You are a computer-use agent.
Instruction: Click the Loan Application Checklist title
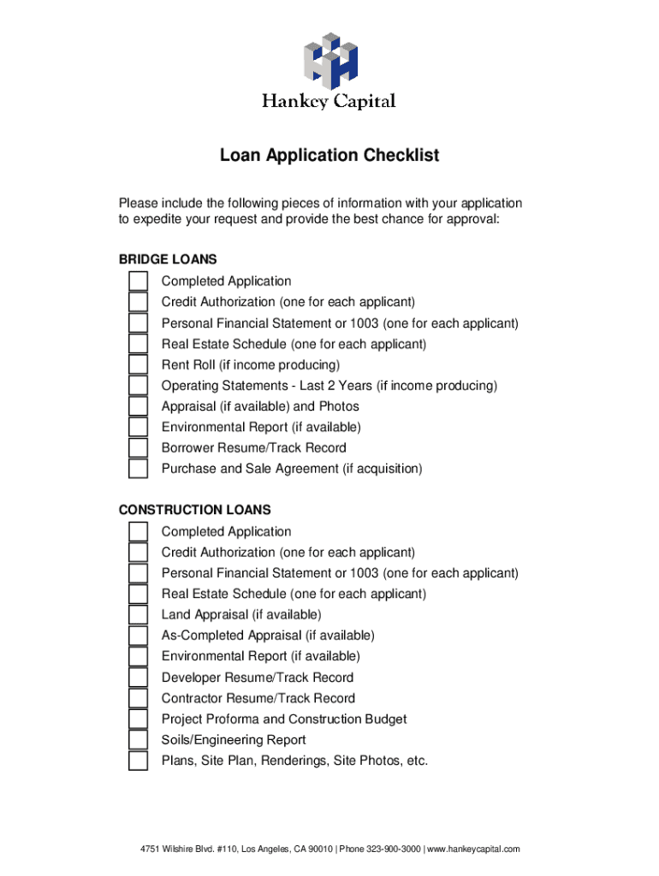click(329, 156)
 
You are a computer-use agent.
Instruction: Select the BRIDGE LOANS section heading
click(168, 259)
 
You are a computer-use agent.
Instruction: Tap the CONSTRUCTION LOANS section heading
click(194, 510)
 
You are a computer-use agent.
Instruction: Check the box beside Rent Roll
click(138, 365)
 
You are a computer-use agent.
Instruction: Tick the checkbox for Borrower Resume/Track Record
click(138, 448)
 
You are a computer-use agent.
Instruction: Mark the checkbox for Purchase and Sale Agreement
click(138, 470)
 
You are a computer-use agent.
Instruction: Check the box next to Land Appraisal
click(138, 615)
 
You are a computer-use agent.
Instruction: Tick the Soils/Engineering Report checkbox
click(138, 740)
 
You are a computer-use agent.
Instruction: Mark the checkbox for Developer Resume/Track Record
click(138, 678)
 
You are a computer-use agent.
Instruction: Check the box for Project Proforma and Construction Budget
click(138, 719)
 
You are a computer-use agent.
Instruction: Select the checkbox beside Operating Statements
click(138, 386)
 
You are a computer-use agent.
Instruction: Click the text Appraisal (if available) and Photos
click(260, 406)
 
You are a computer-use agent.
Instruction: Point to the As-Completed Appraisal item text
click(268, 636)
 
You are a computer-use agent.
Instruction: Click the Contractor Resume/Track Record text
click(258, 698)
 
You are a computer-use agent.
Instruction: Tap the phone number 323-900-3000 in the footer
click(392, 849)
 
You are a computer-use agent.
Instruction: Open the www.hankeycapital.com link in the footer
click(473, 849)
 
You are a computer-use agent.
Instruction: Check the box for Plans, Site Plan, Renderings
click(138, 761)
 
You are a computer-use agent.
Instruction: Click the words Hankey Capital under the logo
click(329, 102)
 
